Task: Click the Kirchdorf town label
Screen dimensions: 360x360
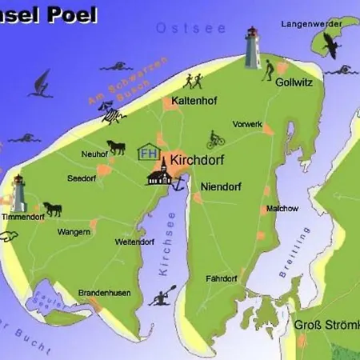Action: (198, 160)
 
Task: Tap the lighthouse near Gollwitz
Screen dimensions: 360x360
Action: (254, 49)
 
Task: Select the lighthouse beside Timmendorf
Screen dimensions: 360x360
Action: (18, 193)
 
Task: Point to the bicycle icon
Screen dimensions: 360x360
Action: (215, 139)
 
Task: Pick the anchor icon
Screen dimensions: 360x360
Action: (178, 183)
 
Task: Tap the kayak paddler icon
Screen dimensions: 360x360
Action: (163, 298)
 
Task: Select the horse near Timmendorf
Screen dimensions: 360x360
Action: (53, 209)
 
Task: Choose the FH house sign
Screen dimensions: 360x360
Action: (148, 152)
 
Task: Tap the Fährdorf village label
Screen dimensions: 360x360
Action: (221, 278)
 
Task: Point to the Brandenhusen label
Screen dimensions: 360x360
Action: (104, 293)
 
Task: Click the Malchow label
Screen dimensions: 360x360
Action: (282, 209)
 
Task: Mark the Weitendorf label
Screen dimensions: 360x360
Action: (134, 242)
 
